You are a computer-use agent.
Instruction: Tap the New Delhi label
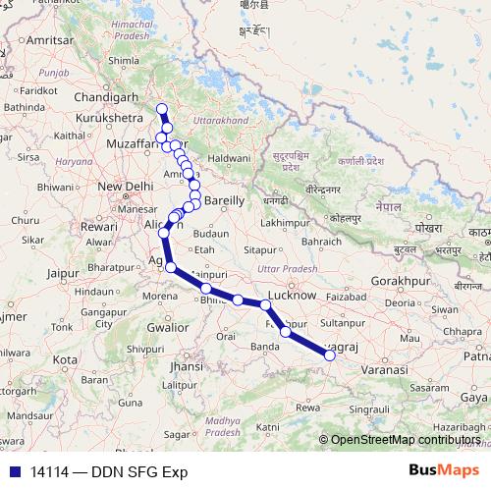[x=122, y=186]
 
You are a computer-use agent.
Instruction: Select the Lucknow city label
[x=292, y=295]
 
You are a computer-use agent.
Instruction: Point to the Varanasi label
[x=381, y=369]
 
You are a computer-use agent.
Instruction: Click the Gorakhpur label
[x=403, y=280]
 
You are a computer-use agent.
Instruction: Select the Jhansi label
[x=185, y=366]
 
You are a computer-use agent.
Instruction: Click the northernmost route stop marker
[x=162, y=109]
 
